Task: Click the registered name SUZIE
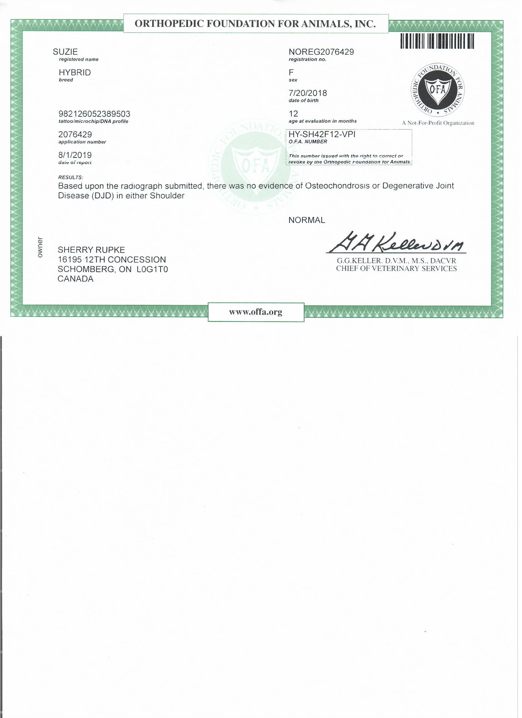[x=65, y=52]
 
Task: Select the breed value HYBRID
[x=75, y=72]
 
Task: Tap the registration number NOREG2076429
[x=321, y=52]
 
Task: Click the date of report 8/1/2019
[x=75, y=155]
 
